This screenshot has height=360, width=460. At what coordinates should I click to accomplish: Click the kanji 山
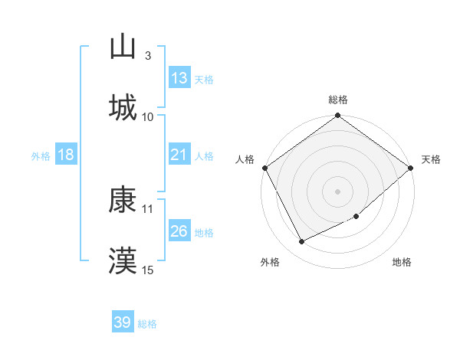123,47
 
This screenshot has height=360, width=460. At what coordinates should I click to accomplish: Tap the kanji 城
123,107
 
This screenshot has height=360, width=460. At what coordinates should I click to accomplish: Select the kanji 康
123,201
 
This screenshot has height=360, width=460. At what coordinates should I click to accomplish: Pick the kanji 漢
123,260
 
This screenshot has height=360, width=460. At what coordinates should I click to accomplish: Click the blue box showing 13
179,78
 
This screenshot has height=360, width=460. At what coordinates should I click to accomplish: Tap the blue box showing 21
179,155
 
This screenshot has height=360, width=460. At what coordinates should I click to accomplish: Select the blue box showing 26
179,231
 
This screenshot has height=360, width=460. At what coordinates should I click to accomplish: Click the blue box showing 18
66,155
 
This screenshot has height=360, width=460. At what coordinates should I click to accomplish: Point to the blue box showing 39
122,322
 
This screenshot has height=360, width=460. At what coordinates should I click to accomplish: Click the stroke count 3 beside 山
147,55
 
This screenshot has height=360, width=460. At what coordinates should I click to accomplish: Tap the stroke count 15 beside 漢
148,270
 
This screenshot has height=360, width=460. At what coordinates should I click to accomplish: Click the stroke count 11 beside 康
148,208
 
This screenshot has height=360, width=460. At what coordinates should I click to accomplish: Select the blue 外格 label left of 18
41,156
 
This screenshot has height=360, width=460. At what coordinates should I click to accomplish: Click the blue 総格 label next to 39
147,324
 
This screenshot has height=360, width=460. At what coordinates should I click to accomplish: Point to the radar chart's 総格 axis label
338,100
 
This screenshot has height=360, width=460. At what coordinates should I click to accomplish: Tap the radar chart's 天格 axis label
431,159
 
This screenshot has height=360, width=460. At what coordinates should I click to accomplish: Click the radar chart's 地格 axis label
402,262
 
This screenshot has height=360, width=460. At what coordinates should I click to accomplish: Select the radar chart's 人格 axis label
245,159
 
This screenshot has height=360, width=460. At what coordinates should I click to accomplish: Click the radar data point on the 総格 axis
338,116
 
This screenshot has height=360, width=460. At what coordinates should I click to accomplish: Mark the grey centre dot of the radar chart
338,191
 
